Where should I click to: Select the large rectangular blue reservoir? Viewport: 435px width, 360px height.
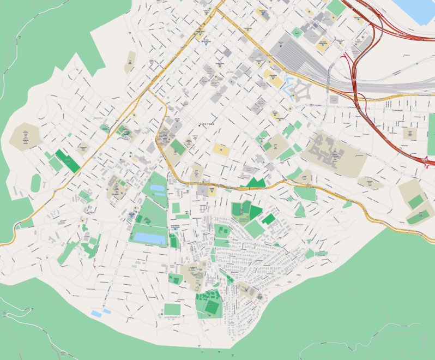pyautogui.click(x=148, y=238)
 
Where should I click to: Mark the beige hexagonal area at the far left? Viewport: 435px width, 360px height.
pyautogui.click(x=25, y=136)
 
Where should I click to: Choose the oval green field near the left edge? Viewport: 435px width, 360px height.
pyautogui.click(x=35, y=183)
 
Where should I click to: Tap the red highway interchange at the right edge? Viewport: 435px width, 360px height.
pyautogui.click(x=427, y=160)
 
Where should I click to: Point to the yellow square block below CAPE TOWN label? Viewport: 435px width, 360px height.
pyautogui.click(x=221, y=149)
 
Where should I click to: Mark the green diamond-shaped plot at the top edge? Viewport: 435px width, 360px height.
pyautogui.click(x=336, y=8)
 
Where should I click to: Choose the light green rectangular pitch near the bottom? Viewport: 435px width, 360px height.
pyautogui.click(x=172, y=309)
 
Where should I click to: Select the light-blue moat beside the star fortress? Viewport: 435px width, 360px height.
pyautogui.click(x=288, y=86)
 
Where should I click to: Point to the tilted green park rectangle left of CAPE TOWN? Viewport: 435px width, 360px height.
pyautogui.click(x=178, y=147)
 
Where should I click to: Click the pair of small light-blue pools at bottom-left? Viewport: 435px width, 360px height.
pyautogui.click(x=101, y=313)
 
